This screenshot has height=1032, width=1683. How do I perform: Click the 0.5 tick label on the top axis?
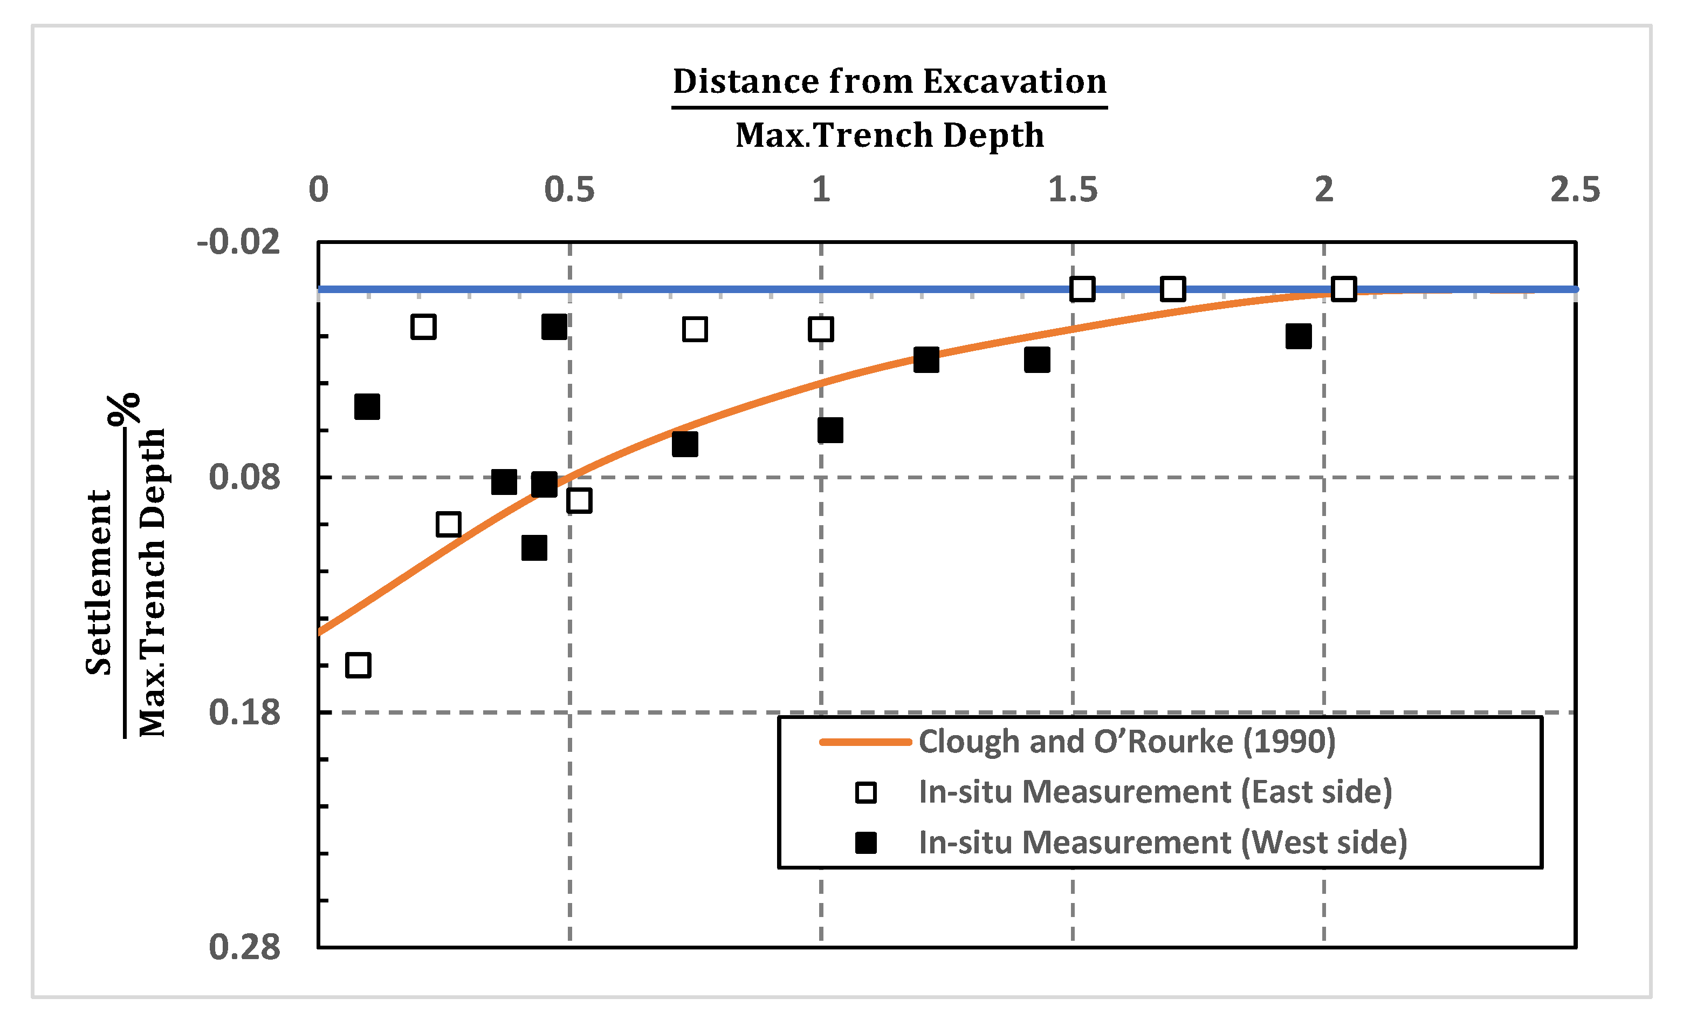coord(569,190)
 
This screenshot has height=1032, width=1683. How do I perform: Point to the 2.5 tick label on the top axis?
coord(1575,190)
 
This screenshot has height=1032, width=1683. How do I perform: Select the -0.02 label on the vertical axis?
coord(238,242)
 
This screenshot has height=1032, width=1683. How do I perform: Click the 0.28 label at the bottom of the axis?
coord(244,948)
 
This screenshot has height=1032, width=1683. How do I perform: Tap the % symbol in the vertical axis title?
coord(125,409)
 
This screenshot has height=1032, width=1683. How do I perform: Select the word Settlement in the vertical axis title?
coord(99,582)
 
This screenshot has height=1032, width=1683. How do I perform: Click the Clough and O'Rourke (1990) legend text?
coord(1126,742)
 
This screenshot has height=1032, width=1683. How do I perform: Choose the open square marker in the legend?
coord(866,793)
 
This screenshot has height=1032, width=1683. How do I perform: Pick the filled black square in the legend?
coord(866,844)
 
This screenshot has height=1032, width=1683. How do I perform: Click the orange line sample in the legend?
coord(865,742)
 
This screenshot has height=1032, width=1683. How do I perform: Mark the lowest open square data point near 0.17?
coord(359,665)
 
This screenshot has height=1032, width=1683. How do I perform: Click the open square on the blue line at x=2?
coord(1343,289)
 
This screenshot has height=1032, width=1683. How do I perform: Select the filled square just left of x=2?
coord(1298,336)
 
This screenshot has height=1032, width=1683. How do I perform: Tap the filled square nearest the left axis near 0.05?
coord(367,406)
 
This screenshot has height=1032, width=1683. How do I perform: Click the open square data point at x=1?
coord(820,329)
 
